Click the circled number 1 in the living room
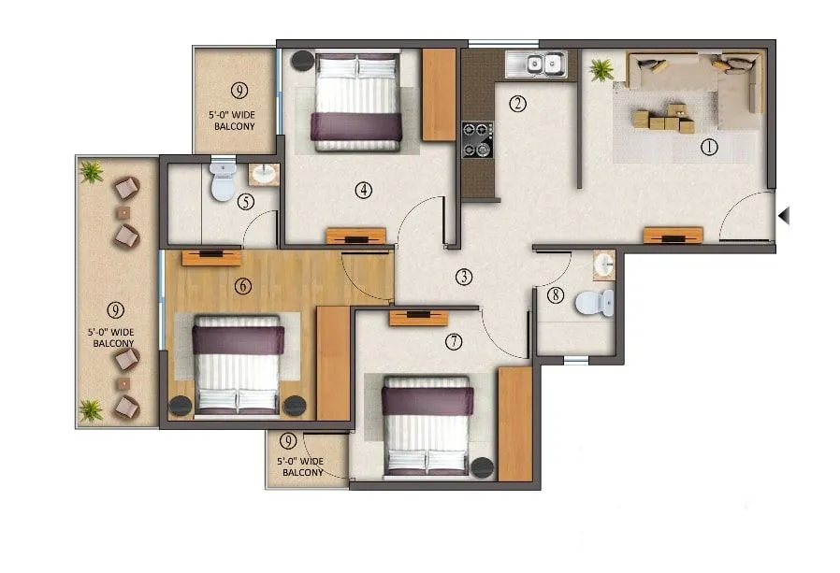(x=709, y=146)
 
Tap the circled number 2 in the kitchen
(x=517, y=104)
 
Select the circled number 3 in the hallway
(x=463, y=277)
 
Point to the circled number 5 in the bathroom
(x=246, y=202)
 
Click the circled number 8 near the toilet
(x=556, y=296)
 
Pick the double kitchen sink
(x=537, y=64)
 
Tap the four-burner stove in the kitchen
(x=476, y=140)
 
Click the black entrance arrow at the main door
(x=785, y=216)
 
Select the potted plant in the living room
(x=600, y=69)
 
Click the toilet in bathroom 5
(x=223, y=181)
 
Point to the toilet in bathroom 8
(x=594, y=302)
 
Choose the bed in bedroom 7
(x=427, y=426)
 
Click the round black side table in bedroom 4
(x=302, y=61)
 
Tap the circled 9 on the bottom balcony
(x=289, y=440)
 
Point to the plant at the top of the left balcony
(x=91, y=171)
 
